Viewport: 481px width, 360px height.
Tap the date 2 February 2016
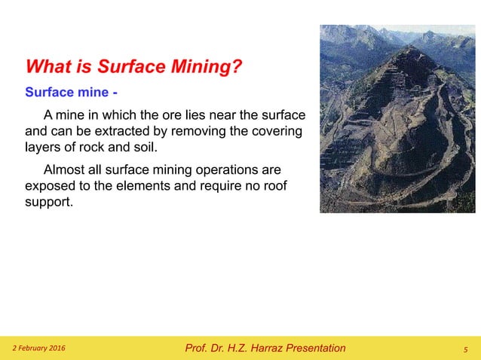pyautogui.click(x=38, y=348)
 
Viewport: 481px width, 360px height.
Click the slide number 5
pyautogui.click(x=465, y=349)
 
